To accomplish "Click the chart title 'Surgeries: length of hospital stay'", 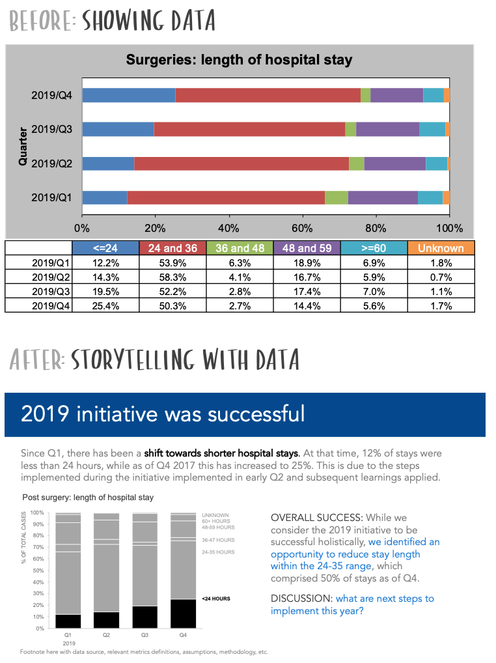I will pyautogui.click(x=238, y=61).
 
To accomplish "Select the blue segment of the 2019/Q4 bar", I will pyautogui.click(x=128, y=95).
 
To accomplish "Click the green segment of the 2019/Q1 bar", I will pyautogui.click(x=336, y=197).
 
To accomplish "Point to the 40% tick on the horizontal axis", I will pyautogui.click(x=228, y=228).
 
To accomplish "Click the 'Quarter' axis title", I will pyautogui.click(x=23, y=146).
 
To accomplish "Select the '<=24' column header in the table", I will pyautogui.click(x=105, y=248).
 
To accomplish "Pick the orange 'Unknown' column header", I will pyautogui.click(x=441, y=248).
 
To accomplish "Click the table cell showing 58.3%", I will pyautogui.click(x=172, y=277).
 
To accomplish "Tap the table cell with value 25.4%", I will pyautogui.click(x=105, y=305).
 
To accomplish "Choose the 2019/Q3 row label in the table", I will pyautogui.click(x=51, y=291).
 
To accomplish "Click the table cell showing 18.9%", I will pyautogui.click(x=307, y=262).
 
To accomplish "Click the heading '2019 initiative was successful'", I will pyautogui.click(x=163, y=414).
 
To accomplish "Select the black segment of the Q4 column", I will pyautogui.click(x=182, y=614).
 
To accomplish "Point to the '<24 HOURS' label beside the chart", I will pyautogui.click(x=215, y=598).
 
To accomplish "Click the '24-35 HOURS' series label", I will pyautogui.click(x=218, y=552).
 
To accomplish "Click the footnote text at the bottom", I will pyautogui.click(x=143, y=652).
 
